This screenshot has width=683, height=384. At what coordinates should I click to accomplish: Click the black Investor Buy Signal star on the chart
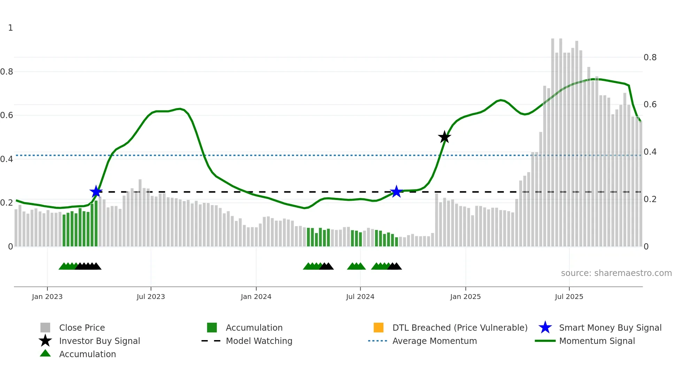444,137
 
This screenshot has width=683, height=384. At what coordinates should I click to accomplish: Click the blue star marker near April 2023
96,191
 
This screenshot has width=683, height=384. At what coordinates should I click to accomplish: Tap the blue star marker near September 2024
396,191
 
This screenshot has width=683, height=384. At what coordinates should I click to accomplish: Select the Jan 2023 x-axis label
47,297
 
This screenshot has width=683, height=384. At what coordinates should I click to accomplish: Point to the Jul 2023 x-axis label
151,297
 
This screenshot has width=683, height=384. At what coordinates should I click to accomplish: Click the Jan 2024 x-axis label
256,297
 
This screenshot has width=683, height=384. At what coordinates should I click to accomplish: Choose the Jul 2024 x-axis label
360,297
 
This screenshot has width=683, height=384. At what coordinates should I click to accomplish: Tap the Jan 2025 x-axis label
465,297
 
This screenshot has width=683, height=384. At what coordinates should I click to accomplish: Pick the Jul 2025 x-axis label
569,297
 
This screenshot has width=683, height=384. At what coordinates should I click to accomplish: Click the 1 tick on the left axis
10,28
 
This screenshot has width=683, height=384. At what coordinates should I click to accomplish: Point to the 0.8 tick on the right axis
650,57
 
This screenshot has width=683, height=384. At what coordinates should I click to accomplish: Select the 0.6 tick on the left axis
7,115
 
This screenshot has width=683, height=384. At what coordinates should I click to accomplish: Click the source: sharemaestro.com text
616,273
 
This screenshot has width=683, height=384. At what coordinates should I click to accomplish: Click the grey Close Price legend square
45,328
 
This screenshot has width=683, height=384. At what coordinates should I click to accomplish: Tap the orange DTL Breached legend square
378,328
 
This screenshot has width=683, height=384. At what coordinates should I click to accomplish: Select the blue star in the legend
545,328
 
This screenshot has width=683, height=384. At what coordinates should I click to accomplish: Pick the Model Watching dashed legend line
211,341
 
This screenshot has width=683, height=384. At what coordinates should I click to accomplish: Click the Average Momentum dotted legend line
377,341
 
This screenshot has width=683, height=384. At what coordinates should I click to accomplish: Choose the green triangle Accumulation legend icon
45,354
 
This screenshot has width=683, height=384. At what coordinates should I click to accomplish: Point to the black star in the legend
45,341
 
